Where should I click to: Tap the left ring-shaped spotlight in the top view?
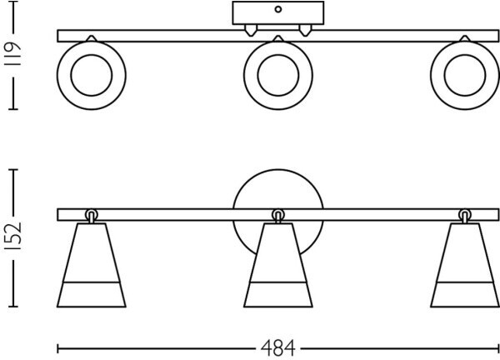[91, 77]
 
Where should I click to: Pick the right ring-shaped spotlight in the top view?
[462, 77]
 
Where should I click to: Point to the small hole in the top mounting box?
[277, 10]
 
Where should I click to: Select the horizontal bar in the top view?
[167, 36]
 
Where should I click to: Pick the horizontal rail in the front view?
[167, 215]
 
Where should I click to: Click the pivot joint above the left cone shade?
[91, 215]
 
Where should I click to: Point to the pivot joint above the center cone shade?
[277, 215]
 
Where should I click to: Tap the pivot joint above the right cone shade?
[463, 215]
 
